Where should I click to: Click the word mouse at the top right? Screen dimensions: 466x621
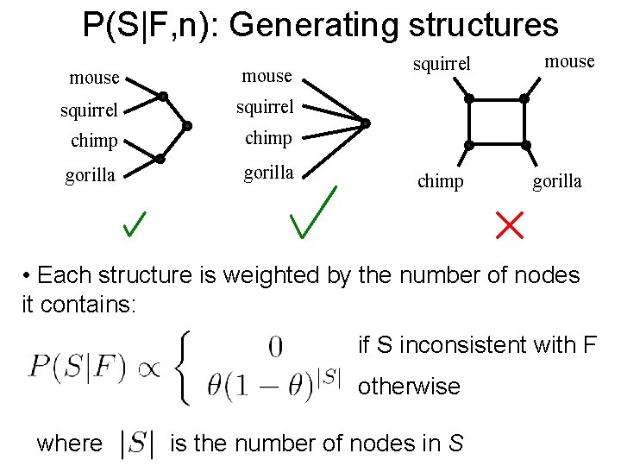click(x=569, y=61)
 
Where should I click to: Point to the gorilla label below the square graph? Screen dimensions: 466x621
click(x=556, y=182)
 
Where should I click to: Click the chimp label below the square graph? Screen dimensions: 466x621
click(x=440, y=182)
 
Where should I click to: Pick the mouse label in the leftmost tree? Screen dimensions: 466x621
click(x=94, y=78)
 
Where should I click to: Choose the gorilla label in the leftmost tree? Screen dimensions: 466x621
click(x=91, y=176)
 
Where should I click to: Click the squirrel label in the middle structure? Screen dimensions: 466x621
click(x=267, y=107)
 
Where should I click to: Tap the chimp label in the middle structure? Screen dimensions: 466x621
click(x=268, y=138)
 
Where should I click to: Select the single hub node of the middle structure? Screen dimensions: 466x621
click(x=366, y=124)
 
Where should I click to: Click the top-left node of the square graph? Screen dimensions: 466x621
click(x=469, y=98)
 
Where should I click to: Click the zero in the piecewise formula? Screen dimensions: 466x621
click(x=275, y=347)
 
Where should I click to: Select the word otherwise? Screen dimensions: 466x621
click(x=409, y=387)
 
